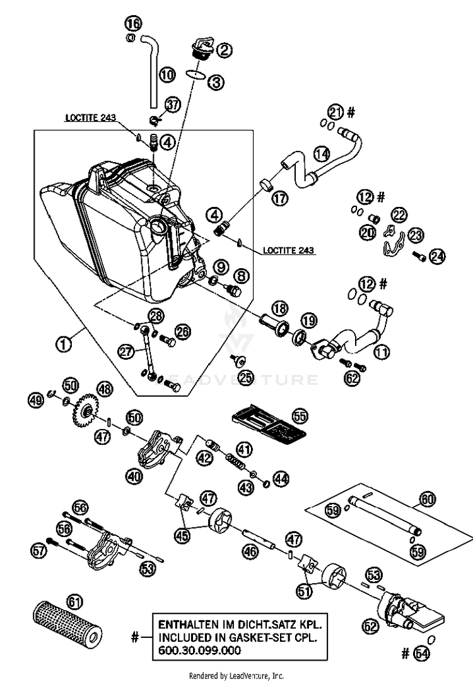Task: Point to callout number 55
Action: [300, 416]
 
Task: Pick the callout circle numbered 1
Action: [62, 345]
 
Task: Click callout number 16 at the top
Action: [133, 24]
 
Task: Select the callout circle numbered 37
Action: [173, 103]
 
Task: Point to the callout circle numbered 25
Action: [245, 377]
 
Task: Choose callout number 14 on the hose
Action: [322, 153]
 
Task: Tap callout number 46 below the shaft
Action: [250, 551]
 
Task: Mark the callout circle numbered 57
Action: [39, 551]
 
